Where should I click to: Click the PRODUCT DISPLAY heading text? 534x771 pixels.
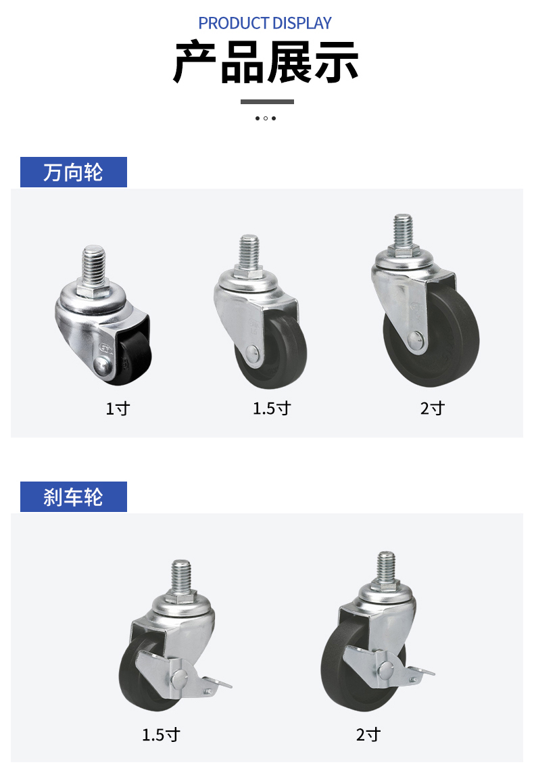265,23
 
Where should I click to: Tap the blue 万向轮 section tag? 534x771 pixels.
73,172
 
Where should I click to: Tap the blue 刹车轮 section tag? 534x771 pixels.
73,497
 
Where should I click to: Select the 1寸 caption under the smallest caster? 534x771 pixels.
117,408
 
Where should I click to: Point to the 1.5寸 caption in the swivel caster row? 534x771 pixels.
272,408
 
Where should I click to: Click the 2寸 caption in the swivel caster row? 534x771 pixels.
433,408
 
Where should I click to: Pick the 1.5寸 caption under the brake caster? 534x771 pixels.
161,734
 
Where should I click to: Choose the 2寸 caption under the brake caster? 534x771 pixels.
368,734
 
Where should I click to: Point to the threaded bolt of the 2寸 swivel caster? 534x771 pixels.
403,229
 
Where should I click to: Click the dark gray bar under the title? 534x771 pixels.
267,102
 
